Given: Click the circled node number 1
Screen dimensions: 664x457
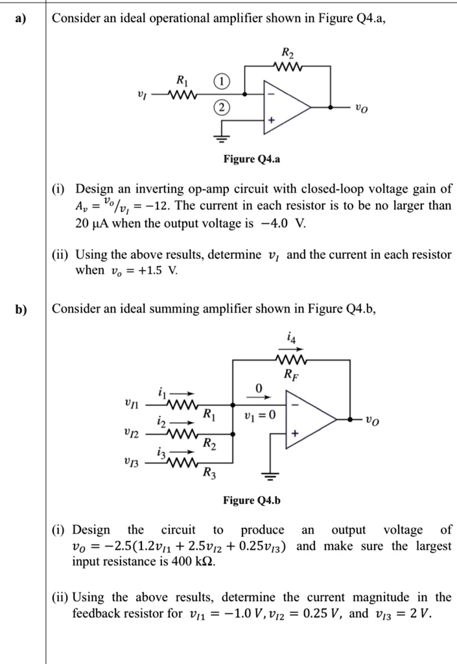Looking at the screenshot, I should (222, 82).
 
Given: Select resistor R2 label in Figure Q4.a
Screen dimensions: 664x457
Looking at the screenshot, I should (287, 53).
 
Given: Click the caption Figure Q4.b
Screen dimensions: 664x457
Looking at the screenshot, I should (252, 501).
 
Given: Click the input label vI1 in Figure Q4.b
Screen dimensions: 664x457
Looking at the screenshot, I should (132, 404).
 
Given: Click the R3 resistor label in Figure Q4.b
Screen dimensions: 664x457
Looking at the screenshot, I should (209, 473).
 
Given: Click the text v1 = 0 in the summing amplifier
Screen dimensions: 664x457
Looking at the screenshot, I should (258, 415).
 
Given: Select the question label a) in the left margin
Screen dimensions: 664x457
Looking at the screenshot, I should (22, 19).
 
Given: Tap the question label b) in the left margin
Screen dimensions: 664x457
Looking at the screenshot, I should (22, 309).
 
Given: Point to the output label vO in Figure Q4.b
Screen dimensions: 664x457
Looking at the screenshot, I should (372, 420).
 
